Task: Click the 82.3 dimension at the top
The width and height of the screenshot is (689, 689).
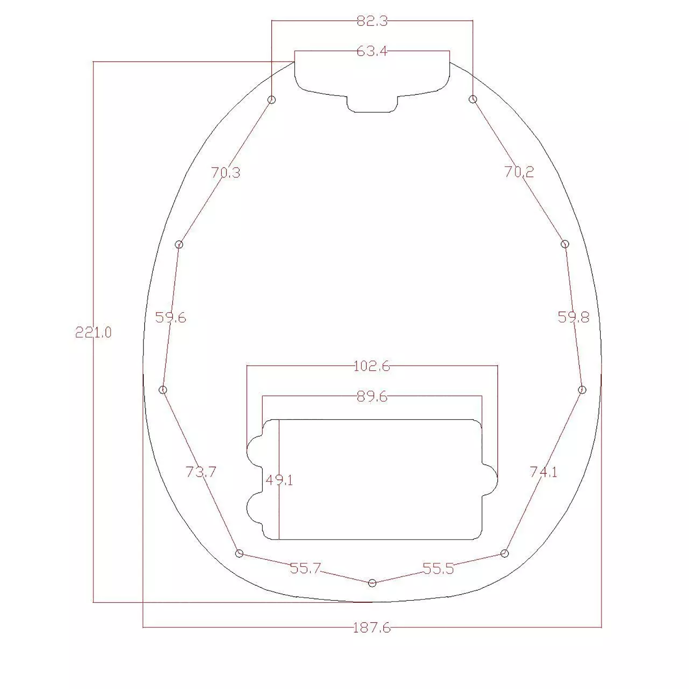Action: coord(372,21)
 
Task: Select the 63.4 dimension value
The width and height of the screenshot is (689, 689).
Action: coord(372,51)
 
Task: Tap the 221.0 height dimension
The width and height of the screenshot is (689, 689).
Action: coord(93,332)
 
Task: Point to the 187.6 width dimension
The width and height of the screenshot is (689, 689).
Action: coord(372,628)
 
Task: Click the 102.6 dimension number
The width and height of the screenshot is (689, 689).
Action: coord(372,366)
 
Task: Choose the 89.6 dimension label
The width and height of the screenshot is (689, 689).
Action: coord(372,397)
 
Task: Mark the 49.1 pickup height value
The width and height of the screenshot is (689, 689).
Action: coord(279,480)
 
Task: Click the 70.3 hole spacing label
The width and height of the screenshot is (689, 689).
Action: coord(226,173)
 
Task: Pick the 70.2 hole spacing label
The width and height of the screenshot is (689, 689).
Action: coord(519,172)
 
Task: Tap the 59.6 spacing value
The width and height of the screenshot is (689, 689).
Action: coord(171,318)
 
